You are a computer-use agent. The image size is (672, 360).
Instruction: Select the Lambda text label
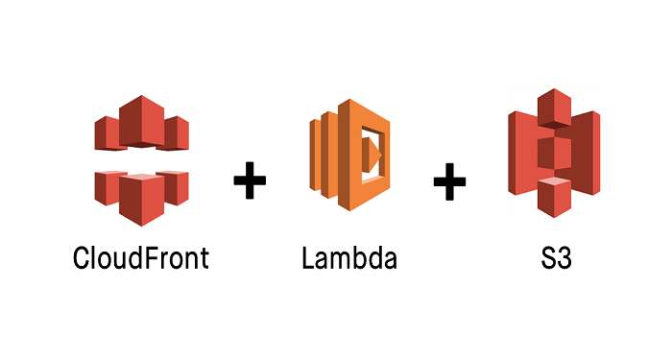[348, 258]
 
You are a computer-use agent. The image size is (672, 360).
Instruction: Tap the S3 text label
[556, 258]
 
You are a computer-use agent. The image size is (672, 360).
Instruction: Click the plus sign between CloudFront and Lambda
[250, 180]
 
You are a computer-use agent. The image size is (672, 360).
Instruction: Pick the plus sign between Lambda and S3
[448, 180]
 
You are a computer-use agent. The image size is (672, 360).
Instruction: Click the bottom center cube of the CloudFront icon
[142, 199]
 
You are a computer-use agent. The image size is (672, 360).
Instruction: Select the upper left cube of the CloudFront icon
[107, 132]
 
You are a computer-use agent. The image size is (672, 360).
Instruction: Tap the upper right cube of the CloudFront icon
[178, 132]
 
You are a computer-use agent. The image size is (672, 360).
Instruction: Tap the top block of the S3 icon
[555, 107]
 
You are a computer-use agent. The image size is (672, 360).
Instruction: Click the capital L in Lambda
[308, 258]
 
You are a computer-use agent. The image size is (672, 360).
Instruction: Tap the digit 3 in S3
[564, 258]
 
